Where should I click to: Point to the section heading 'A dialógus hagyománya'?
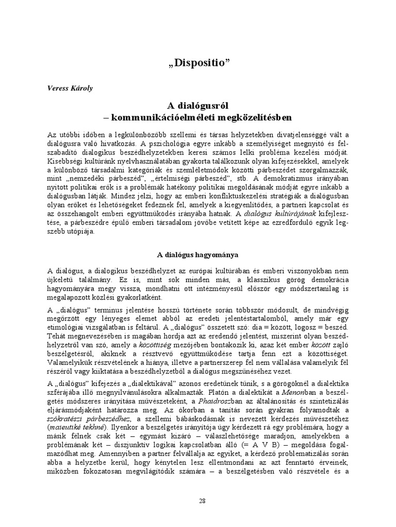point(197,254)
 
